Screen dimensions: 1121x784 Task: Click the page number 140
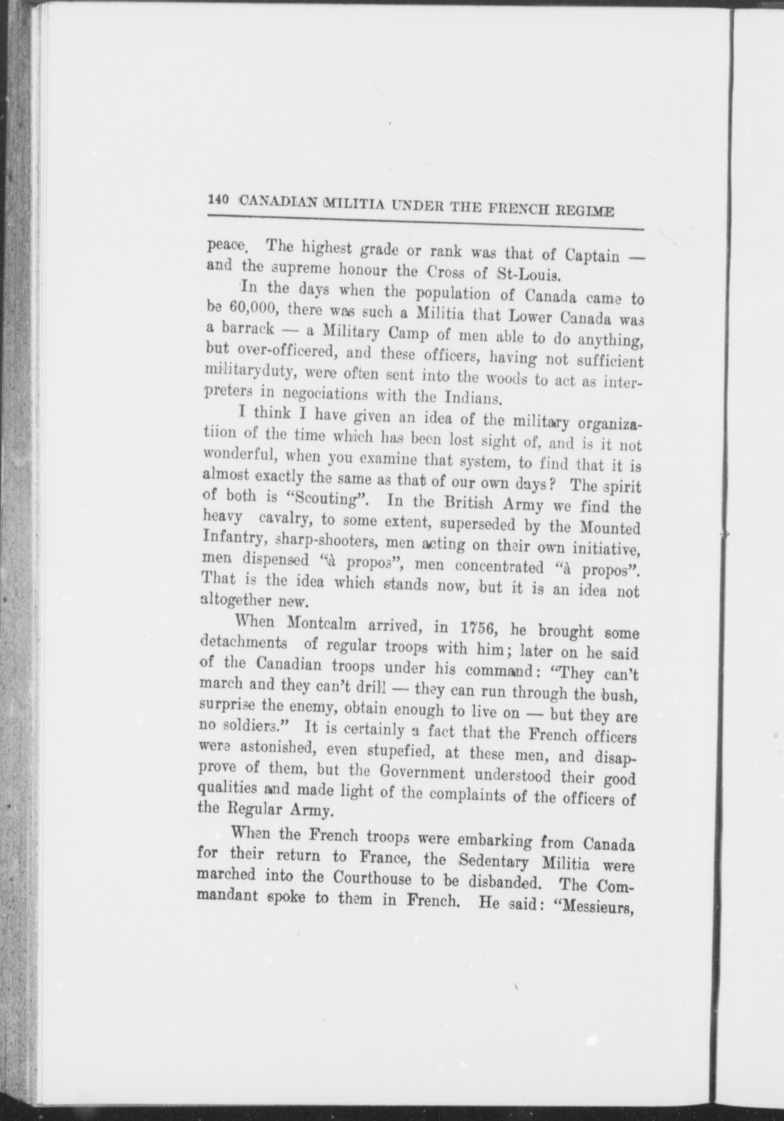click(x=219, y=199)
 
